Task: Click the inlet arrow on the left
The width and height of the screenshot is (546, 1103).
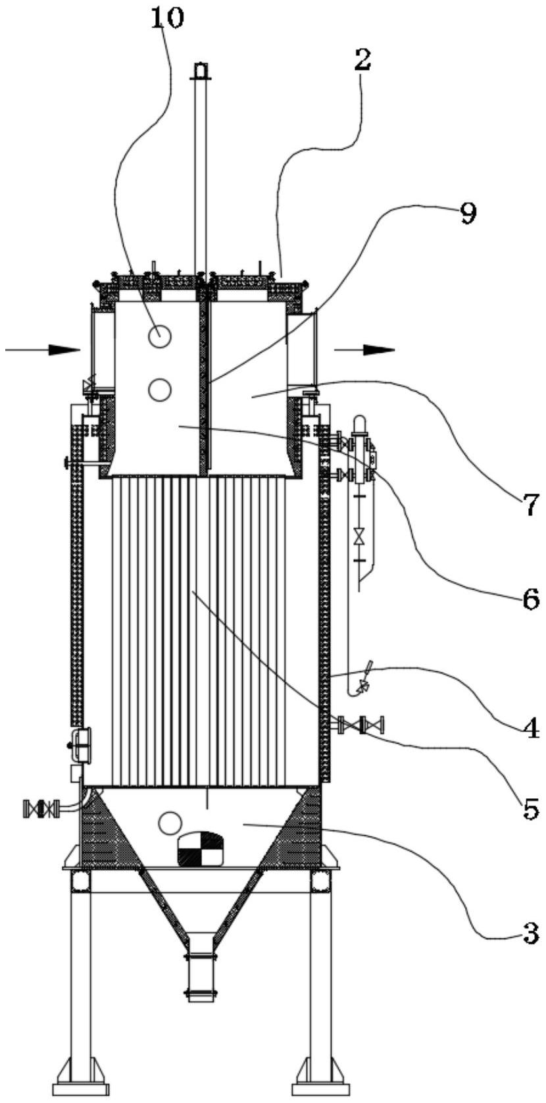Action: [x=42, y=349]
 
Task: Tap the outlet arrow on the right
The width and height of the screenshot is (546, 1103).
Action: [x=364, y=349]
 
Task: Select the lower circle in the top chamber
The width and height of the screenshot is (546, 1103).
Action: [x=159, y=390]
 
